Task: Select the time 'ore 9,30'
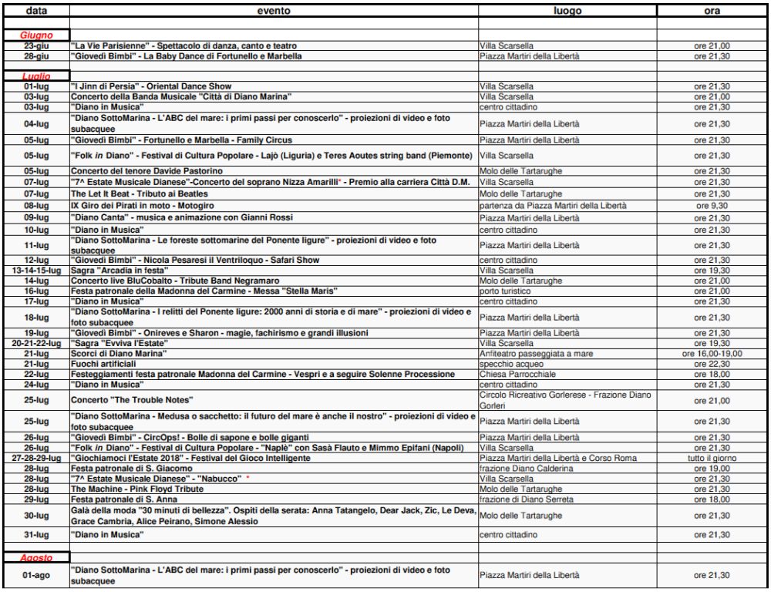click(x=712, y=207)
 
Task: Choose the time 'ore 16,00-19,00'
click(x=712, y=352)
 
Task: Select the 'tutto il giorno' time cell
click(x=712, y=458)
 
